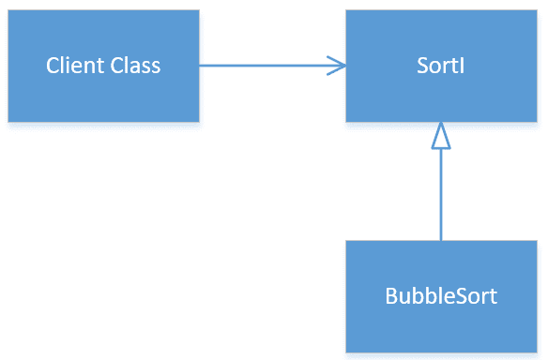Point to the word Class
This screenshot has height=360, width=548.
[136, 66]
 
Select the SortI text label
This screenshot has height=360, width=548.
[440, 66]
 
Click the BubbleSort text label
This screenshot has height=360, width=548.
[440, 296]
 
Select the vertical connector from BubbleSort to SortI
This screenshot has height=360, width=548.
[440, 197]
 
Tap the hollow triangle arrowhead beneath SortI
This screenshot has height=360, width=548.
[440, 137]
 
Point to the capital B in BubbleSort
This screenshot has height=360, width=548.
[391, 296]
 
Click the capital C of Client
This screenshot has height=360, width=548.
[53, 66]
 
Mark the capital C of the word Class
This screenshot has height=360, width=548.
[116, 66]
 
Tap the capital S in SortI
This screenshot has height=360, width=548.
[421, 66]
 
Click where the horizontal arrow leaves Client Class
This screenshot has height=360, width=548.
[201, 66]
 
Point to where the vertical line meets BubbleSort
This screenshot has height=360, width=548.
[440, 240]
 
